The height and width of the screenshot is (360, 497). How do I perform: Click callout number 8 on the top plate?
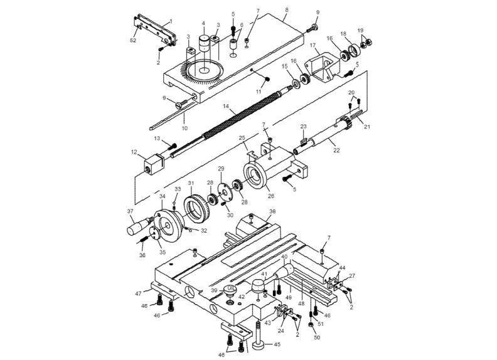287,11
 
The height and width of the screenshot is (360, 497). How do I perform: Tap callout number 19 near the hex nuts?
360,30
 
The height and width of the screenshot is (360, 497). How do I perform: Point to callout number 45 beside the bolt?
277,344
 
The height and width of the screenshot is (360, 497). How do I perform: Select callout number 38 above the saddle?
272,212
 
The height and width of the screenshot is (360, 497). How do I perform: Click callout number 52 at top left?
133,40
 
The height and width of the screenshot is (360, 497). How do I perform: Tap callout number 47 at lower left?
137,292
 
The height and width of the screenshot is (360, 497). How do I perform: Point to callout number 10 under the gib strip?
184,129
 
